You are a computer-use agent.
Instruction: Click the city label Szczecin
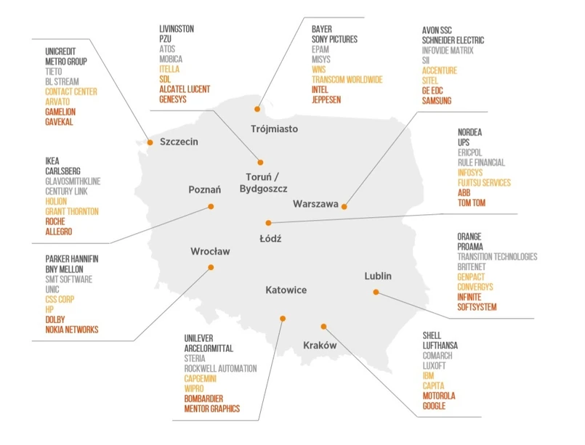click(x=179, y=142)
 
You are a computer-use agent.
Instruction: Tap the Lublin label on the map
click(x=378, y=276)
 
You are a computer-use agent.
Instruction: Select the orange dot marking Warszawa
click(x=345, y=207)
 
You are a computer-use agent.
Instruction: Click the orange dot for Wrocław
click(x=211, y=267)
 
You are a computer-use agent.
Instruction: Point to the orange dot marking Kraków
click(x=324, y=327)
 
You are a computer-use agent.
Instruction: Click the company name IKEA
click(x=52, y=161)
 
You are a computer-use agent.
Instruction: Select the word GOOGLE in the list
click(x=435, y=406)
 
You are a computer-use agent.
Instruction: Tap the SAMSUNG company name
click(x=436, y=101)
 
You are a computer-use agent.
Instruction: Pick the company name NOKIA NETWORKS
click(x=71, y=330)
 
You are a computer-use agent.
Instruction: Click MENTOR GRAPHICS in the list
click(x=211, y=409)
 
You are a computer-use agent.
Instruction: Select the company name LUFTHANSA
click(x=440, y=346)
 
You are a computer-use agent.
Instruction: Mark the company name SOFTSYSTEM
click(x=477, y=307)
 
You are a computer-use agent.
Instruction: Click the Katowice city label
click(x=286, y=290)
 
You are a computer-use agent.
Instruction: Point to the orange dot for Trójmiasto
click(x=257, y=109)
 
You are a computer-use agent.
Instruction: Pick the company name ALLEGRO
click(x=59, y=232)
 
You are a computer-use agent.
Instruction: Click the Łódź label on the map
click(x=270, y=238)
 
